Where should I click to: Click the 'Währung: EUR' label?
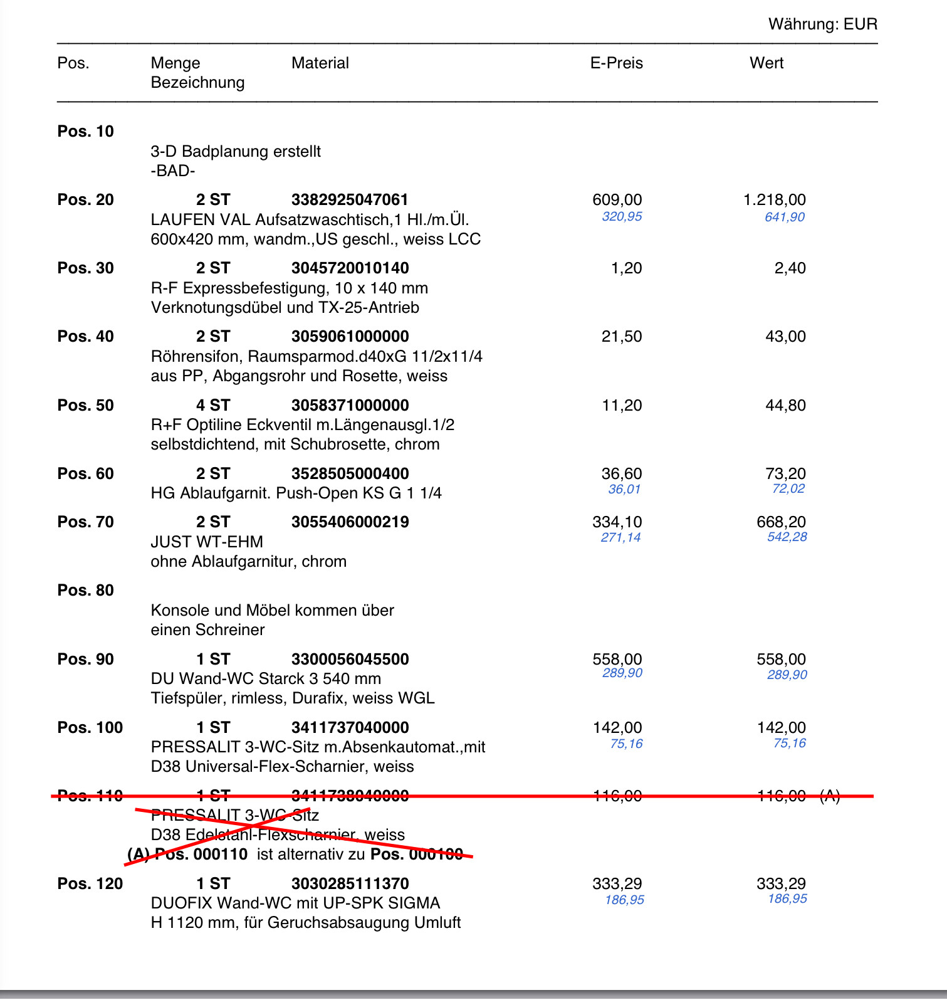[x=822, y=24]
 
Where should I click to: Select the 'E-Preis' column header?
[x=616, y=63]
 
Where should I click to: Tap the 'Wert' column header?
[x=766, y=63]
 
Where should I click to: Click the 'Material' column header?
[x=320, y=63]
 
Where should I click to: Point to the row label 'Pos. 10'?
[x=85, y=131]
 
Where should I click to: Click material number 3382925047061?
[x=349, y=199]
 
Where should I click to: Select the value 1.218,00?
[x=774, y=199]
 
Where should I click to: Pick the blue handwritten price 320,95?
[x=622, y=216]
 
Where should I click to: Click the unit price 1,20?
[x=626, y=268]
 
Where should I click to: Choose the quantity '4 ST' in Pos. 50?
[x=212, y=405]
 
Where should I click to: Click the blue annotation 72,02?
[x=788, y=488]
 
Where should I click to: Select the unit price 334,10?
[x=617, y=522]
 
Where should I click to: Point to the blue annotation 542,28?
[x=787, y=537]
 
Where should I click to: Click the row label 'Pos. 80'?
[x=85, y=590]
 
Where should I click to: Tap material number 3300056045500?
[x=350, y=659]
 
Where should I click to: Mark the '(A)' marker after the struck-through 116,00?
[x=830, y=796]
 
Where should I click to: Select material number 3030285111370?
[x=350, y=883]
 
